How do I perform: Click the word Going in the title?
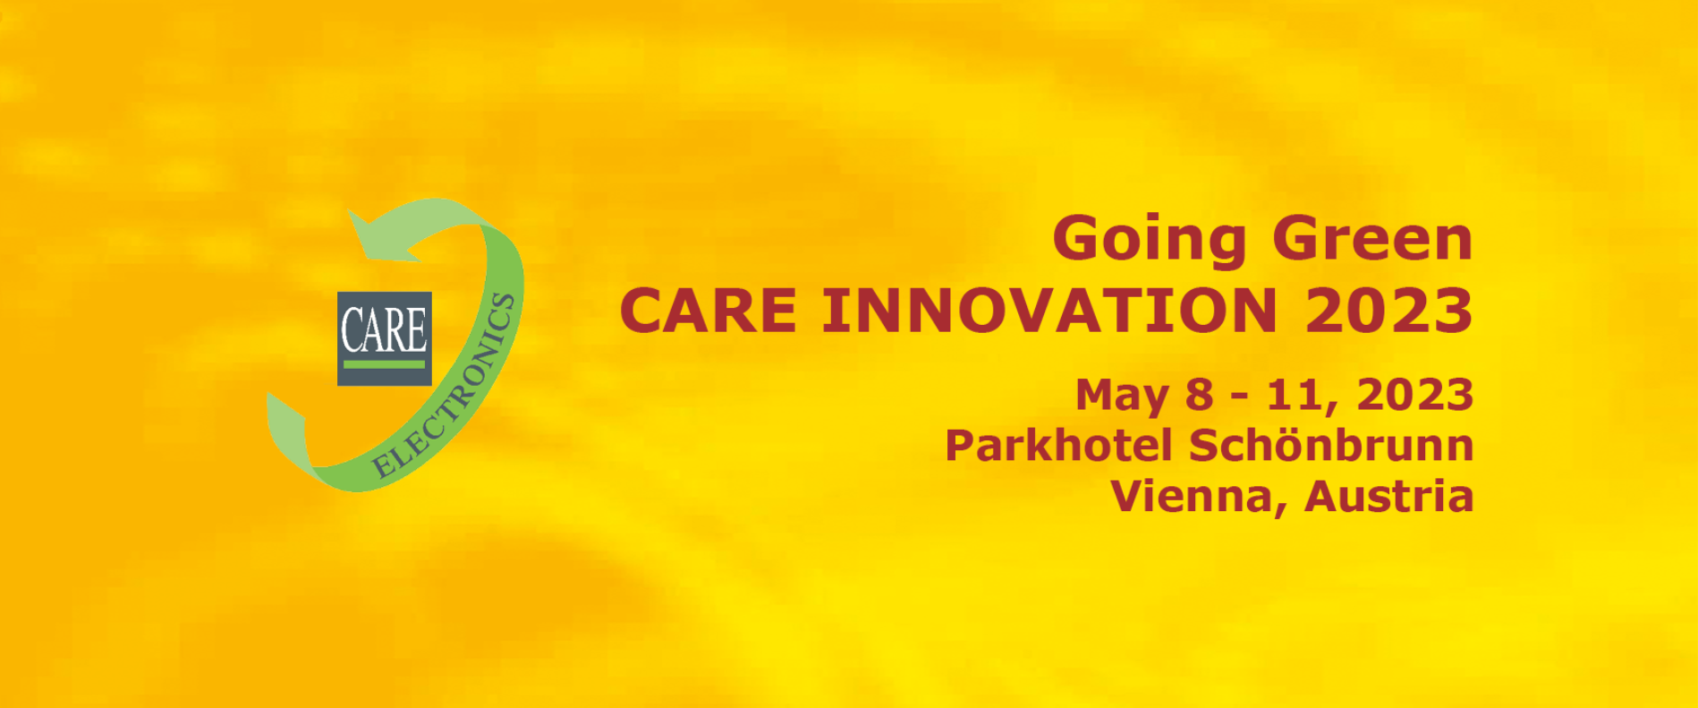1150,241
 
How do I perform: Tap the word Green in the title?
1372,238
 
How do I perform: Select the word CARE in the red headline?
708,311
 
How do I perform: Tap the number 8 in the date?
1200,395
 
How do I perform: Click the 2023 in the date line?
1415,395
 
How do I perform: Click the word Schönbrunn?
1331,445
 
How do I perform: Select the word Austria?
1389,496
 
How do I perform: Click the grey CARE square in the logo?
385,338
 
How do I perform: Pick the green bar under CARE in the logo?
385,364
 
